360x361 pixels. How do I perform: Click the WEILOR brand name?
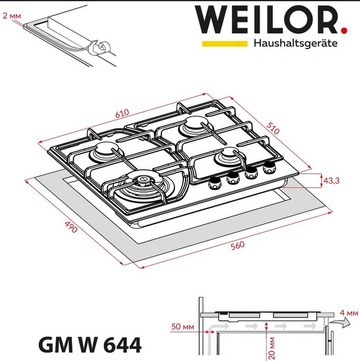(265, 20)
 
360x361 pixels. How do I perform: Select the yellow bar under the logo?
(224, 44)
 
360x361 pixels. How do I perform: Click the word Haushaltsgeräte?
(295, 44)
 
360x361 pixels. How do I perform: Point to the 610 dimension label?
(122, 113)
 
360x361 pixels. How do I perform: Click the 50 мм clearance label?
(181, 326)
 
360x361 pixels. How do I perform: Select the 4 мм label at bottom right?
(349, 312)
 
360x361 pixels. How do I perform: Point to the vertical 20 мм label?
(272, 347)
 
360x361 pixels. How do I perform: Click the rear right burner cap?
(195, 125)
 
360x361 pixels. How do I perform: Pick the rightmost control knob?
(270, 167)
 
